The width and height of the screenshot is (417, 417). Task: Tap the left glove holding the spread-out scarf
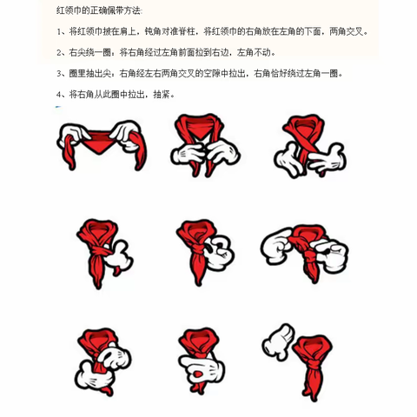[70, 134]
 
